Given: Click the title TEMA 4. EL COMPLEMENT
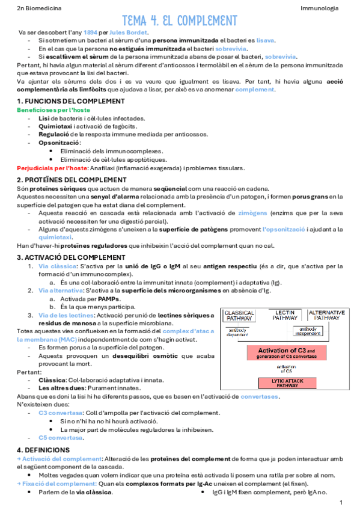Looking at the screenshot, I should [x=180, y=21].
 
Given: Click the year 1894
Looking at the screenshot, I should [x=90, y=31].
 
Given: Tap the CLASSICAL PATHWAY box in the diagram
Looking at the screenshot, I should [x=240, y=316].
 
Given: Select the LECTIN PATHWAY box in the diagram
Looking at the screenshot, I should [x=284, y=316].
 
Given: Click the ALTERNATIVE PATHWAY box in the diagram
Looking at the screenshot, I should [x=326, y=316].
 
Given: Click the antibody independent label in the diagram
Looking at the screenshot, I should [x=308, y=330].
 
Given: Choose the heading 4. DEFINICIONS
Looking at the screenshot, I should [x=43, y=449].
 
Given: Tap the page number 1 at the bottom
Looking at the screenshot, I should [x=341, y=502].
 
